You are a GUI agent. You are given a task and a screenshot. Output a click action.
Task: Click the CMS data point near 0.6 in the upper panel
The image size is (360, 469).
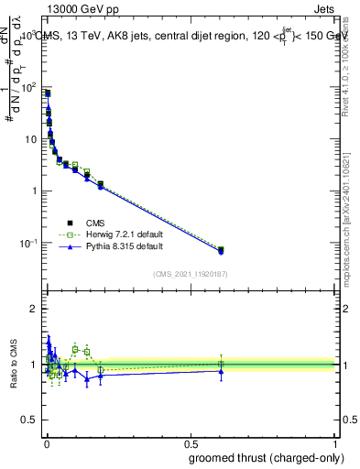[x=220, y=249]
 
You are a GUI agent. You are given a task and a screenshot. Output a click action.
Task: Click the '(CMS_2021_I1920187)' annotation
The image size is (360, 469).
[x=191, y=273]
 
